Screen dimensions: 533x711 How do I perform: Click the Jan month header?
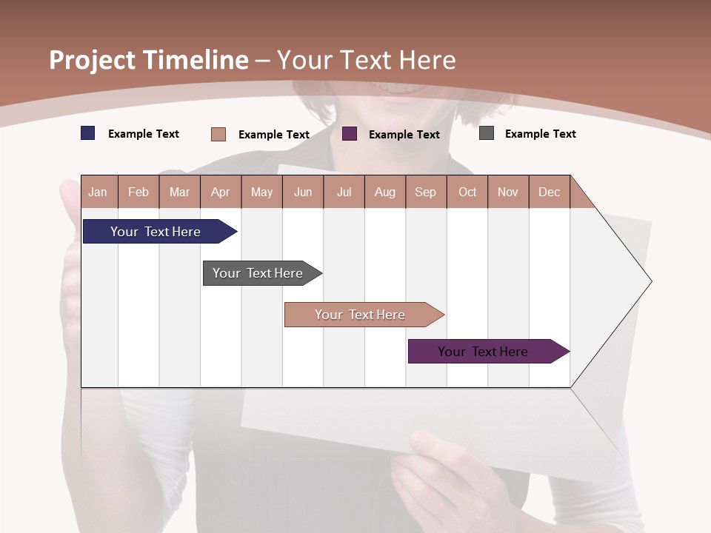[x=99, y=192]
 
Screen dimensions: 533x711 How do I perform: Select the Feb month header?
[x=138, y=192]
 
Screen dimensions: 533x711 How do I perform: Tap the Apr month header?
[x=220, y=192]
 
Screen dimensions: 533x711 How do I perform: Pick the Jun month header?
[x=303, y=192]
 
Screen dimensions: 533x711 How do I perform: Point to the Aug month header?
[x=384, y=192]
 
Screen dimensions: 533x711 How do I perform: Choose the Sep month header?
[x=425, y=192]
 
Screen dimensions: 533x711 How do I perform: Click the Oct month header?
[x=467, y=192]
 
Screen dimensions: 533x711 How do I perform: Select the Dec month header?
[x=549, y=192]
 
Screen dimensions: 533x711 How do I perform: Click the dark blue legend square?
[x=88, y=133]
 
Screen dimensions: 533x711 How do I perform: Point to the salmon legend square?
[x=218, y=134]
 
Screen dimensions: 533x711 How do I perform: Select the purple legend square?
[x=350, y=134]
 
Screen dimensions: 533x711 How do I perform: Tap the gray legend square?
[x=487, y=133]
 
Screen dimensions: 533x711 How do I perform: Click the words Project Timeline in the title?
[x=148, y=60]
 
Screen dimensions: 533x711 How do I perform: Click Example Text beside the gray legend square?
[x=540, y=134]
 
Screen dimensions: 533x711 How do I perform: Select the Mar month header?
[x=179, y=192]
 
